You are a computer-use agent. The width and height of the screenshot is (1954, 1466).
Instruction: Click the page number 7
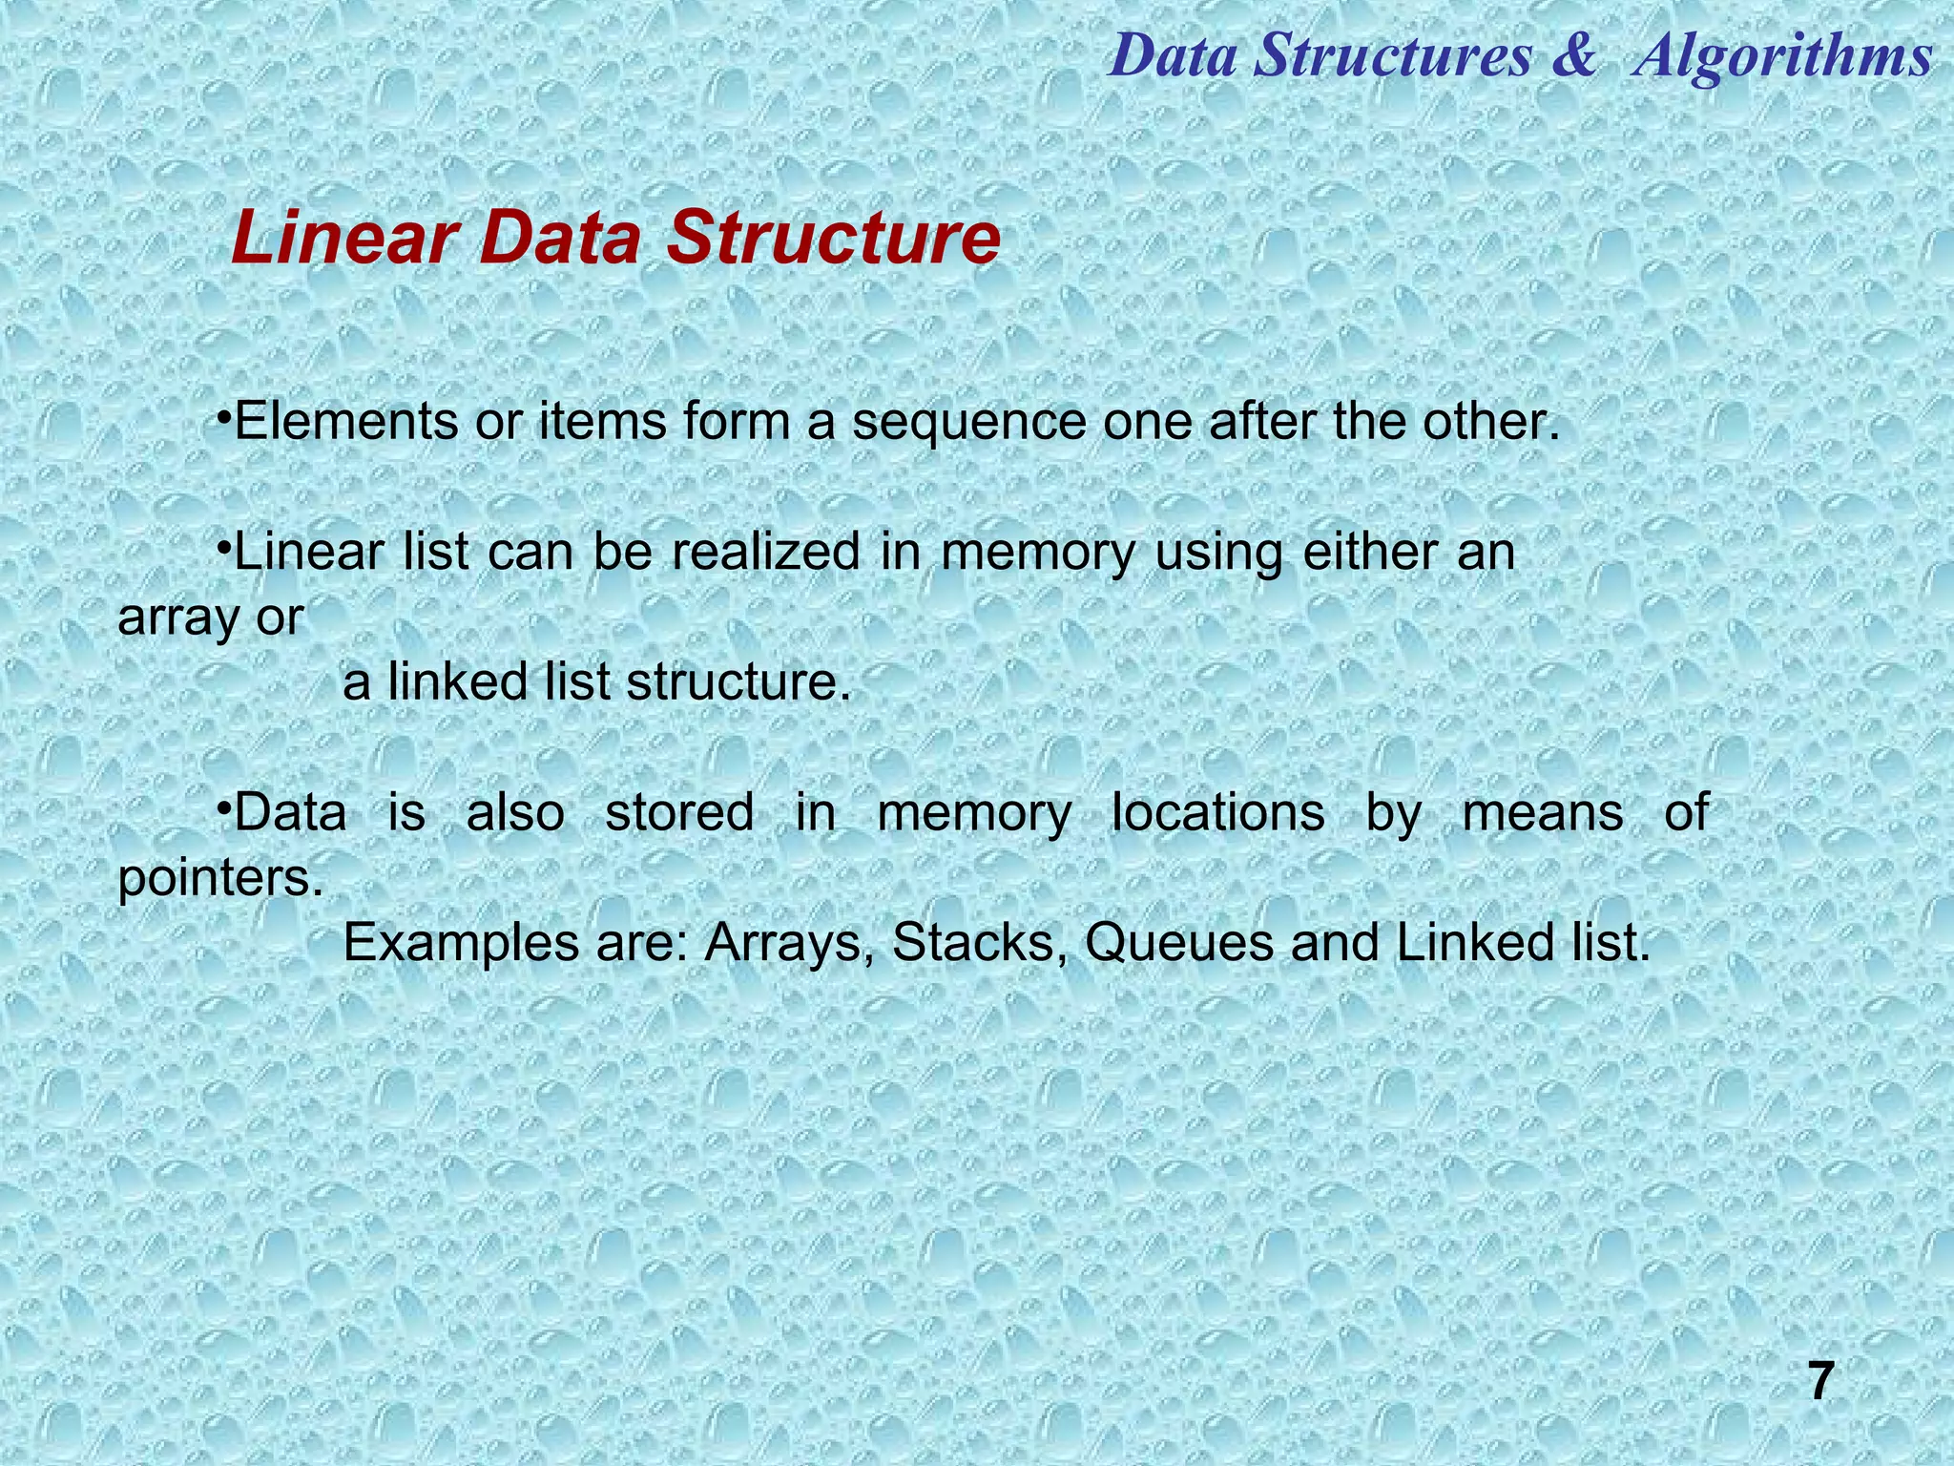(1820, 1381)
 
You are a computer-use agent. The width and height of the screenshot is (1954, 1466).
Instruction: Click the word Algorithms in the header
(1781, 56)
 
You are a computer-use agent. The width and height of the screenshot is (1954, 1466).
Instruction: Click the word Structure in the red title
(833, 239)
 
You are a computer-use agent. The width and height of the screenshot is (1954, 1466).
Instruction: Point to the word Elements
(345, 422)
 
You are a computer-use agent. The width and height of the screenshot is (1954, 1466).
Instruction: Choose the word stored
(679, 812)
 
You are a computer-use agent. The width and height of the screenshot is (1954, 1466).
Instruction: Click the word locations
(1218, 812)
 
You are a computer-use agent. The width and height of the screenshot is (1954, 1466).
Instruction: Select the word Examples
(461, 944)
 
